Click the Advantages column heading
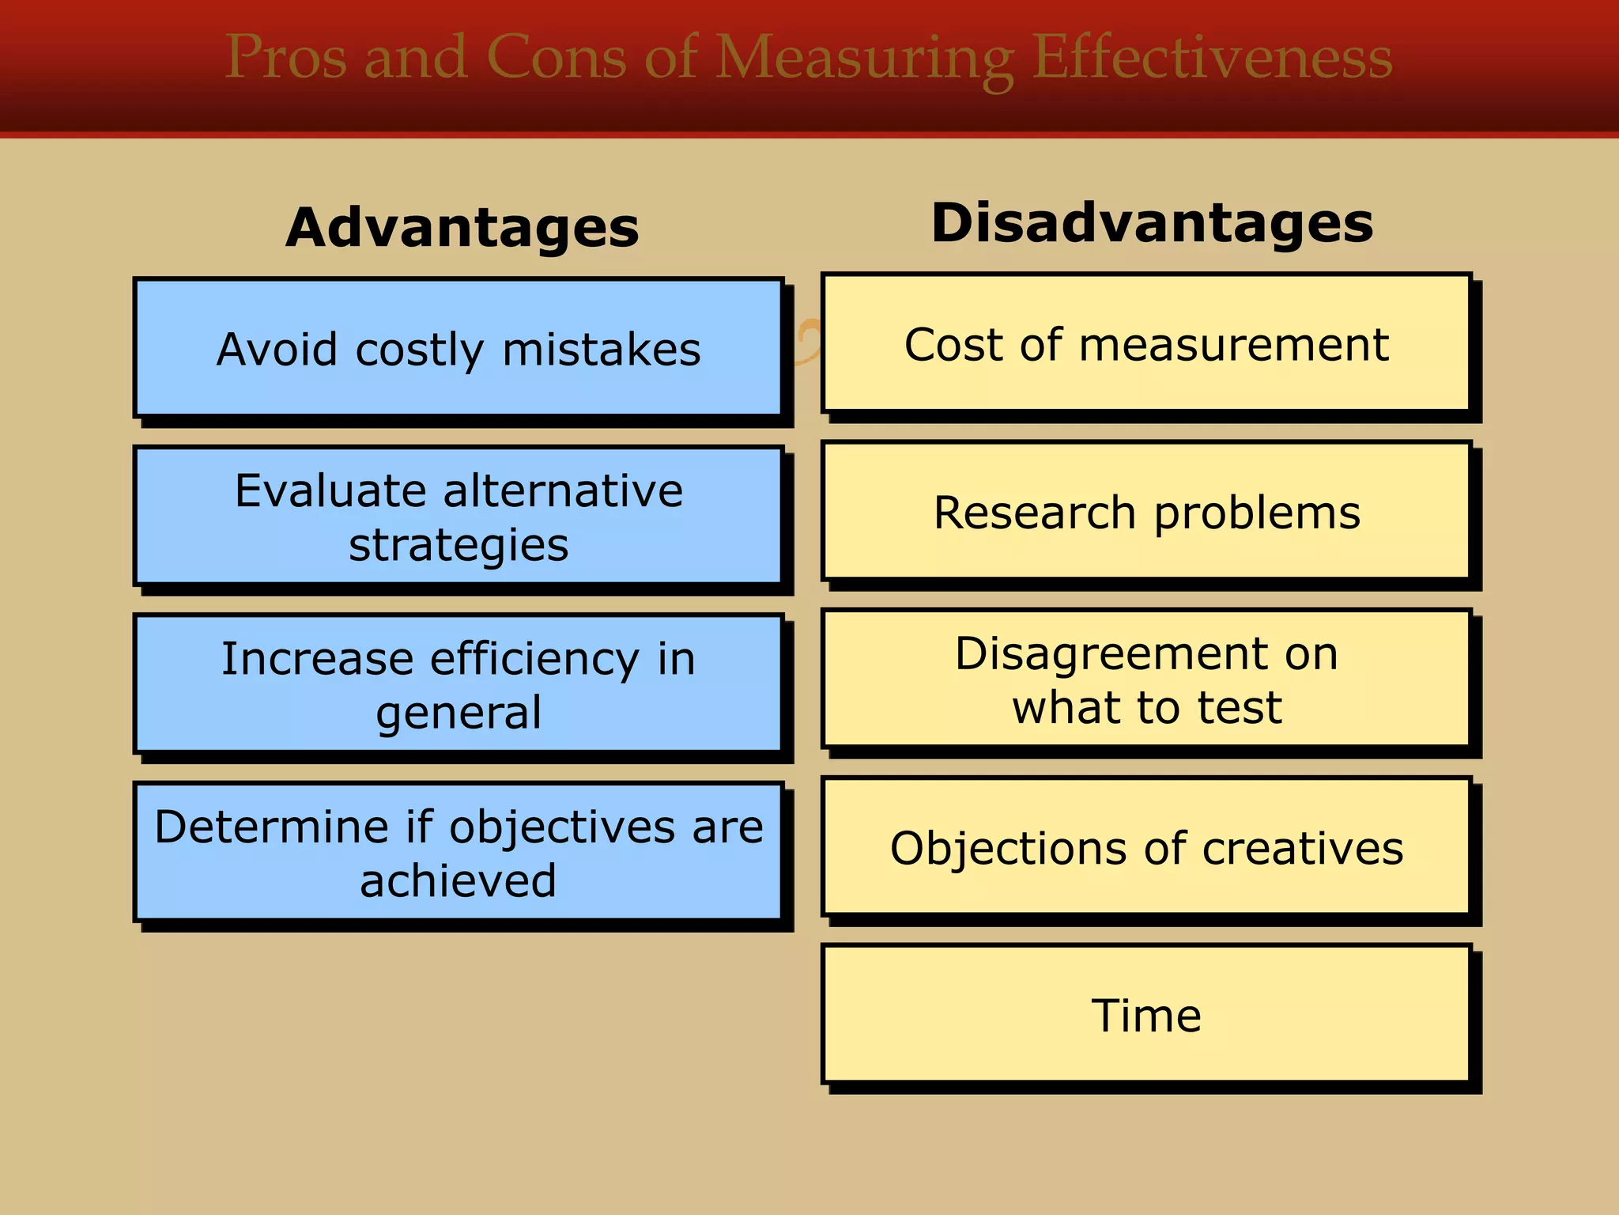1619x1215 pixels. pyautogui.click(x=462, y=228)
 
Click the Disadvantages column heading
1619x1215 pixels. pyautogui.click(x=1152, y=223)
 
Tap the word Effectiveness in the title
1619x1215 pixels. pyautogui.click(x=1212, y=57)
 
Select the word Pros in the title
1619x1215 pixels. pyautogui.click(x=285, y=57)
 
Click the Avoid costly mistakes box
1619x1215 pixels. pyautogui.click(x=459, y=348)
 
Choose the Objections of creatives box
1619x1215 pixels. pyautogui.click(x=1146, y=847)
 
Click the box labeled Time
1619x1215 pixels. pyautogui.click(x=1146, y=1015)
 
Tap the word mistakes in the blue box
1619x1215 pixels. pyautogui.click(x=601, y=350)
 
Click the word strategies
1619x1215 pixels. pyautogui.click(x=459, y=546)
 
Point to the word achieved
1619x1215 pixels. pyautogui.click(x=459, y=880)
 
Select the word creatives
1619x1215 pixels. pyautogui.click(x=1303, y=848)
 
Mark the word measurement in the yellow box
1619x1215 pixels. pyautogui.click(x=1233, y=345)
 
